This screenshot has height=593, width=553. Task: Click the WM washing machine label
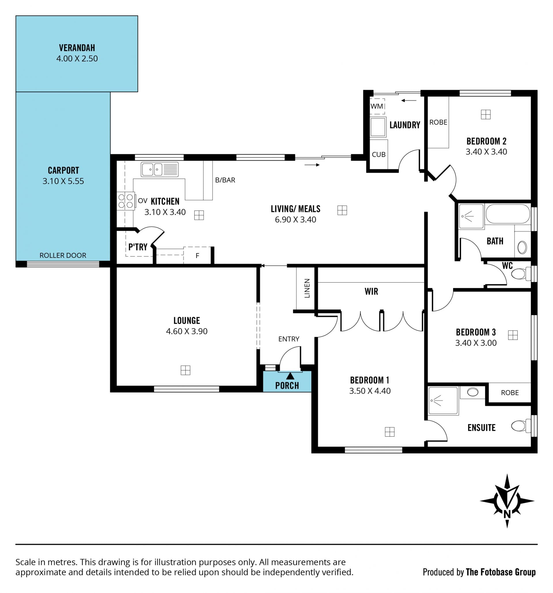tap(376, 106)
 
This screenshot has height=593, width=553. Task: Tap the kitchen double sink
tap(159, 169)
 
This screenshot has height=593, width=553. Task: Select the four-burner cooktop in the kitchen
tap(126, 201)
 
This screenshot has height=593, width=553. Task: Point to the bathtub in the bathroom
tap(507, 214)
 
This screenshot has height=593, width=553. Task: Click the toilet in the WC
tap(521, 273)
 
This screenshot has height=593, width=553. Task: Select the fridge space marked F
tap(197, 256)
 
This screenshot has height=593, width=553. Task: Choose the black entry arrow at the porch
tap(290, 376)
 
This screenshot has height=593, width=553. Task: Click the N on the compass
tap(507, 514)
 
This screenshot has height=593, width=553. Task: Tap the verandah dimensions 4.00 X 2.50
tap(77, 58)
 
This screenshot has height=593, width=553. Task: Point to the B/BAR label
tap(225, 180)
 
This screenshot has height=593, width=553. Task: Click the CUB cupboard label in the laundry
tap(378, 154)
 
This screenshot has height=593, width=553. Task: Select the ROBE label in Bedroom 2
tap(438, 122)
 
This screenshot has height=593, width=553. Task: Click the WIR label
tap(371, 291)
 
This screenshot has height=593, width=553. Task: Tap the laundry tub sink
tap(378, 127)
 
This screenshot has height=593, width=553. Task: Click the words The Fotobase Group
tap(501, 572)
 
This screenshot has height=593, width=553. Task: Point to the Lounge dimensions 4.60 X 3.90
tap(187, 331)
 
